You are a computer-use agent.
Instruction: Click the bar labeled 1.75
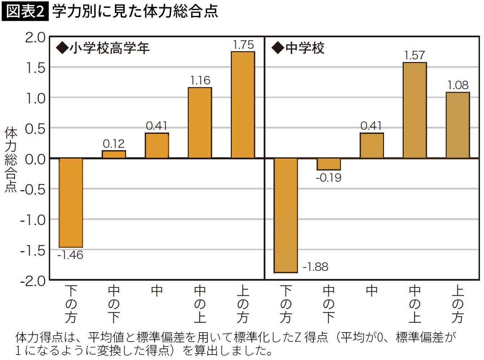(x=243, y=105)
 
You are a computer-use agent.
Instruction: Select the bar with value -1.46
(x=71, y=203)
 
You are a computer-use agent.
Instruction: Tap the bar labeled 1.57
(x=415, y=110)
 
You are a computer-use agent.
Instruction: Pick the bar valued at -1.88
(x=286, y=215)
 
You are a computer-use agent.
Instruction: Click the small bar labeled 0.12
(x=114, y=154)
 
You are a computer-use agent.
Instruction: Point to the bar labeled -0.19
(x=329, y=164)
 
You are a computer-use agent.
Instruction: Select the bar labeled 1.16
(x=200, y=123)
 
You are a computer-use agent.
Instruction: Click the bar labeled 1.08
(x=458, y=125)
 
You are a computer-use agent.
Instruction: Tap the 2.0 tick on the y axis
(x=35, y=38)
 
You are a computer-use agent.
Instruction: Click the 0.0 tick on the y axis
(x=35, y=160)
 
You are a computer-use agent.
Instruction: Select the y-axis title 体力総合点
(x=11, y=160)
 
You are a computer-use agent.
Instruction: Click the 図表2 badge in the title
(x=25, y=11)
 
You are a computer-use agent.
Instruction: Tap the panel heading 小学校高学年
(x=109, y=48)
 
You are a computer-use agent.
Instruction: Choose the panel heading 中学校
(x=305, y=48)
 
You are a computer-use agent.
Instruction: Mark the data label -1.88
(x=315, y=267)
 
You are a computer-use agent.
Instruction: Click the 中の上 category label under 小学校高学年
(x=200, y=304)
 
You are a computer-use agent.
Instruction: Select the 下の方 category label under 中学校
(x=286, y=304)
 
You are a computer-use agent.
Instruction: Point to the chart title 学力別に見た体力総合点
(x=135, y=11)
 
